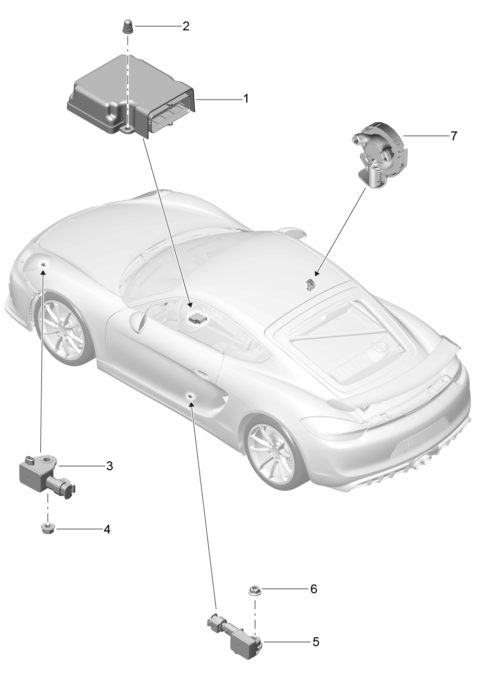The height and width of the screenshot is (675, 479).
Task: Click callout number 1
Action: pyautogui.click(x=246, y=98)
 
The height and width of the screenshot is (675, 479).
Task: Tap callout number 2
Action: pyautogui.click(x=186, y=26)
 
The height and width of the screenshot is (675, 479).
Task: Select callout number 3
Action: pyautogui.click(x=109, y=466)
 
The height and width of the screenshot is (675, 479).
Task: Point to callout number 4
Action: pyautogui.click(x=107, y=529)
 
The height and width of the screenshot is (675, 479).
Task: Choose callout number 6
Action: pyautogui.click(x=314, y=589)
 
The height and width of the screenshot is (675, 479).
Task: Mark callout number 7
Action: pyautogui.click(x=454, y=136)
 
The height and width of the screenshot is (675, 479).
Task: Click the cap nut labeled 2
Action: pyautogui.click(x=128, y=26)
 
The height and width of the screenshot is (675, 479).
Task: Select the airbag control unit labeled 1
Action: pyautogui.click(x=131, y=96)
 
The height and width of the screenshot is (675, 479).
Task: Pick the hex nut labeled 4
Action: pyautogui.click(x=47, y=529)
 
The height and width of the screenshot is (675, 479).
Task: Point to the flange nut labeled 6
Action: pyautogui.click(x=255, y=590)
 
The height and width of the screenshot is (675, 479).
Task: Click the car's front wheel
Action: pyautogui.click(x=64, y=328)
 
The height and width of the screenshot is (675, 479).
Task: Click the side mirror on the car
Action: pyautogui.click(x=138, y=320)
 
